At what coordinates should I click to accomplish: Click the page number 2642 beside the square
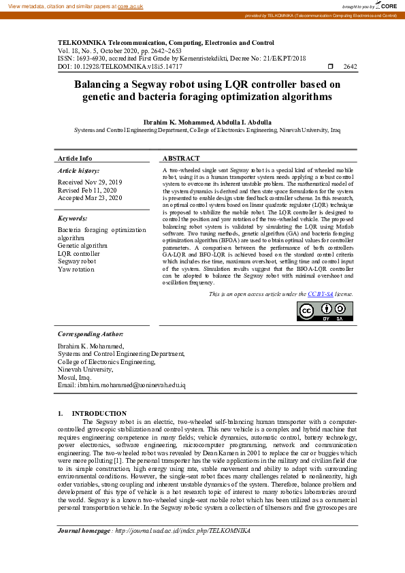pos(351,67)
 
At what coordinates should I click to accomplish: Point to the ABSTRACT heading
pos(181,158)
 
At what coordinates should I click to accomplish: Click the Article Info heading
pos(75,158)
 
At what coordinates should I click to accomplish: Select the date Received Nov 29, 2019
pos(90,182)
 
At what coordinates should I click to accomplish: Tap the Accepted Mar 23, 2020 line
pos(90,197)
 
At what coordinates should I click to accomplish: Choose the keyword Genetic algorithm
pos(82,246)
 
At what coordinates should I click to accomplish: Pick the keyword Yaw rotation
pos(76,269)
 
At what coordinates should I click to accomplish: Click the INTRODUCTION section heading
pos(99,413)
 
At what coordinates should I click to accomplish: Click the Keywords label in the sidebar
pos(72,218)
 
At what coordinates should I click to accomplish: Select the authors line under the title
pos(207,122)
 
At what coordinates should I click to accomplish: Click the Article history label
pos(78,170)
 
